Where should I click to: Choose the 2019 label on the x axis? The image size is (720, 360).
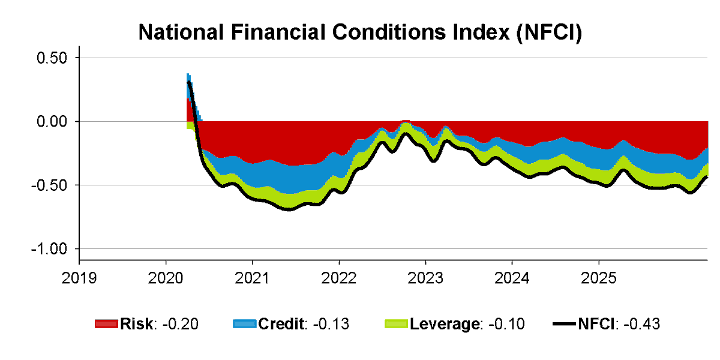coord(79,278)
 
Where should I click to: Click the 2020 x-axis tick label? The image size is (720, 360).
coord(166,278)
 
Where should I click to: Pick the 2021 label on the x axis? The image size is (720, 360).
coord(252,278)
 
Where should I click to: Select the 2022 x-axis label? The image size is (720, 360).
coord(339,278)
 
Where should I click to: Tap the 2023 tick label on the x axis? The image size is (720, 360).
coord(425,278)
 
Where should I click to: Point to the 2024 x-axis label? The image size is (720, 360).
coord(512,278)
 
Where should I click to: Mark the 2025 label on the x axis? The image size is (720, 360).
coord(598,278)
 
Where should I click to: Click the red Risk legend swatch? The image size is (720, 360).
coord(106,325)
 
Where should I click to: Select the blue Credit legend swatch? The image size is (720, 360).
coord(244,325)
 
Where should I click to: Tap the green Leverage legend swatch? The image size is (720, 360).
coord(396,325)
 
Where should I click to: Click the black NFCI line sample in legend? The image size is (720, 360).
coord(564,325)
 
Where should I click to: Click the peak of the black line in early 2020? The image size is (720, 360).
coord(188,82)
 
